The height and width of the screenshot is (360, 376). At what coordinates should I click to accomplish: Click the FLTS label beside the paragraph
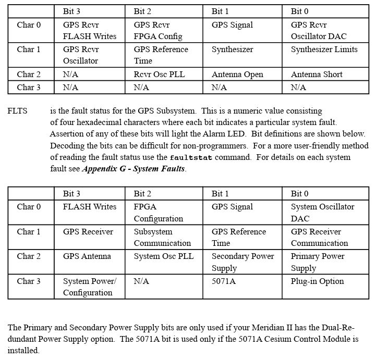coord(18,111)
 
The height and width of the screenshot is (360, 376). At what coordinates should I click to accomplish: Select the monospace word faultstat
coord(190,157)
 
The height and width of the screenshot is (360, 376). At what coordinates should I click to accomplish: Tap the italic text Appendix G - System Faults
coord(134,169)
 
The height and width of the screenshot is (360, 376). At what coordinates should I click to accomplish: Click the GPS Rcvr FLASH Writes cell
coord(89,31)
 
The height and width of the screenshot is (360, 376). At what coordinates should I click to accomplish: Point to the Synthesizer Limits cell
coord(324,49)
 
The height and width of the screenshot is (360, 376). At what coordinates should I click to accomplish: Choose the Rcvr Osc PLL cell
coord(159,75)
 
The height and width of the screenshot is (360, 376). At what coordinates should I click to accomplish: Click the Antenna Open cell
coord(237,75)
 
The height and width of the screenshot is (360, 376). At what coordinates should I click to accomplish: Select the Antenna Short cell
coord(317,75)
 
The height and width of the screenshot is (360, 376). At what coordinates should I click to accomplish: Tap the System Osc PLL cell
coord(163,256)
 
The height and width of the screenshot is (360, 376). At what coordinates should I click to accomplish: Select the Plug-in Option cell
coord(317,281)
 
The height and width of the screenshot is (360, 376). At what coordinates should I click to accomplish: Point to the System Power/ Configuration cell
coord(89,287)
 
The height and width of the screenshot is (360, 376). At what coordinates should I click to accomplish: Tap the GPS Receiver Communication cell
coord(319,237)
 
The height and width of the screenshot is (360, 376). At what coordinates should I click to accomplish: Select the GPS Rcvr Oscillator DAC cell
coord(318,31)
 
